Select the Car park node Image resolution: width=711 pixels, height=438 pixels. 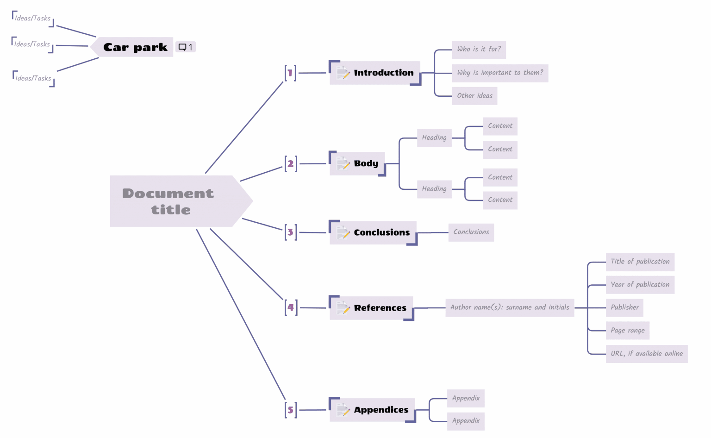tap(135, 47)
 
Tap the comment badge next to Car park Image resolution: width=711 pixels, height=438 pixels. tap(186, 47)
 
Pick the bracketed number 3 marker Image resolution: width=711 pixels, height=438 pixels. tap(291, 232)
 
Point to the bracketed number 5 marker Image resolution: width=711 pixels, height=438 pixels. tap(291, 410)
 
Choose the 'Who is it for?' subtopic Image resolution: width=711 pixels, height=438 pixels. tap(479, 49)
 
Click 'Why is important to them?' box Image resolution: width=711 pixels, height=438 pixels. tap(500, 73)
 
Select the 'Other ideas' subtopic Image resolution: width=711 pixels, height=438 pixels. tap(474, 96)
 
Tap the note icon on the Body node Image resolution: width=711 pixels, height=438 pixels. tap(343, 163)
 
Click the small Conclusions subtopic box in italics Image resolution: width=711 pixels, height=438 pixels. tap(471, 232)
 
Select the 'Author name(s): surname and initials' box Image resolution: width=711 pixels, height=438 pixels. tap(509, 307)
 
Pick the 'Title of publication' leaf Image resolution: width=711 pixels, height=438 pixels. tap(640, 262)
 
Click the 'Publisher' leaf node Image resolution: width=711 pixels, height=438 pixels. tap(624, 307)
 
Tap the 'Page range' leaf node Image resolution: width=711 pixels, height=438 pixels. tap(627, 331)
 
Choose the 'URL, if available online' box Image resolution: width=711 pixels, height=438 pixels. tap(646, 354)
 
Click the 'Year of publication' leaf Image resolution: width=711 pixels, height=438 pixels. tap(640, 285)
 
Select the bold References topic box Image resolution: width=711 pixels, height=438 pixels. tap(380, 308)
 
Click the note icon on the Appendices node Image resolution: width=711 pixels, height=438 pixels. tap(343, 410)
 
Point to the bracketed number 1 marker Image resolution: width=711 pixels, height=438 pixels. tap(291, 73)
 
